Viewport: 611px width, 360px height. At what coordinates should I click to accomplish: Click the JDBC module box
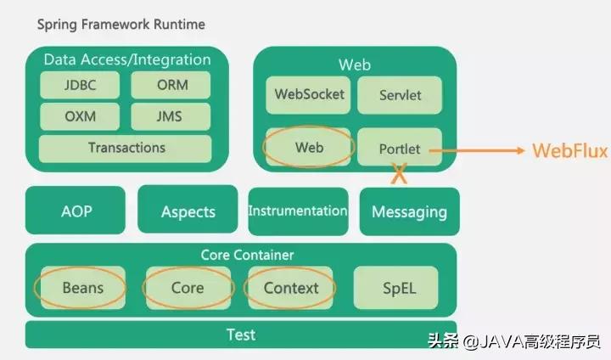tap(80, 86)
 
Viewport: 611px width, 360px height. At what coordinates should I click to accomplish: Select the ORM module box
tap(171, 86)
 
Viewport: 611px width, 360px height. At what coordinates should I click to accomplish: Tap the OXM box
tap(80, 116)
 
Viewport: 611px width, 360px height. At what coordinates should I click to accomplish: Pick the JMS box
tap(171, 116)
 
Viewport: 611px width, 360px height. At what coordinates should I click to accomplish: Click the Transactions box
tap(126, 148)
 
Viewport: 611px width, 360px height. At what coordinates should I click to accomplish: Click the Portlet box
tap(400, 148)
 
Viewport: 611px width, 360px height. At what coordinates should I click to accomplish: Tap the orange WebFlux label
tap(569, 151)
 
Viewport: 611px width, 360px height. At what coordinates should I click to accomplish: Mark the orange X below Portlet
tap(398, 176)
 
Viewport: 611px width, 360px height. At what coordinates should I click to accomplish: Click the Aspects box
tap(188, 211)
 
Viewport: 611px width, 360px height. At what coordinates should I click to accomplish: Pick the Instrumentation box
tap(298, 211)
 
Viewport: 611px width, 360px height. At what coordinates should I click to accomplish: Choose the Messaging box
tap(409, 211)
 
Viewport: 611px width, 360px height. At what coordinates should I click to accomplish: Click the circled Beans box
tap(82, 288)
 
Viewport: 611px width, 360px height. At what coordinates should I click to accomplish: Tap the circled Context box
tap(290, 288)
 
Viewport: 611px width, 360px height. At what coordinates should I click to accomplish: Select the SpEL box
tap(396, 288)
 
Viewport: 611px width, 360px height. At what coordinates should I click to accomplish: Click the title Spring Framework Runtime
tap(121, 25)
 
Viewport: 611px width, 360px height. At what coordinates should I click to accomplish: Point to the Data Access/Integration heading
tap(127, 59)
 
